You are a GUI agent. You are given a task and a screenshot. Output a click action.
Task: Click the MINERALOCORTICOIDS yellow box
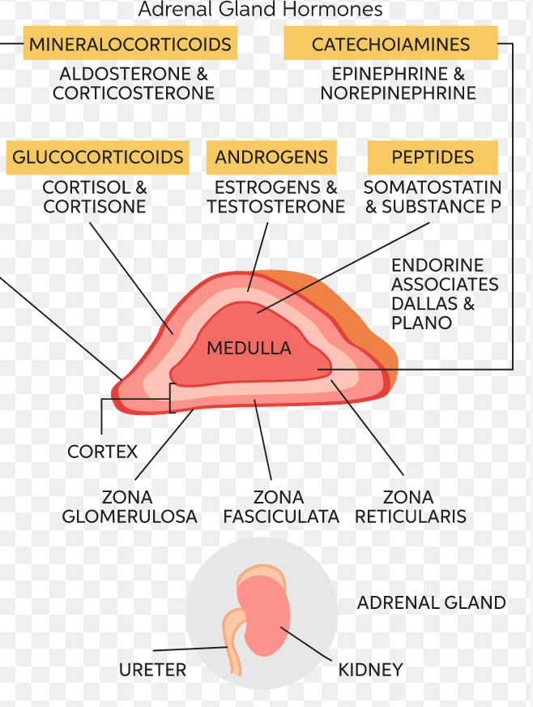(x=130, y=44)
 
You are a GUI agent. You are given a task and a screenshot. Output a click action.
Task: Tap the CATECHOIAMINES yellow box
(x=390, y=44)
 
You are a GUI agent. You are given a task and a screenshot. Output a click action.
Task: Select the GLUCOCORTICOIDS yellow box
(x=98, y=157)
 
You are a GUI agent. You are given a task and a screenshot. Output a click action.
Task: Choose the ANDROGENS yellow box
(x=271, y=157)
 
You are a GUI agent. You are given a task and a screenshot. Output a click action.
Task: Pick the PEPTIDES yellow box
(x=433, y=157)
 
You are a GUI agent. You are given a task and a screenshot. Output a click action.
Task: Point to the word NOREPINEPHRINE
(x=398, y=93)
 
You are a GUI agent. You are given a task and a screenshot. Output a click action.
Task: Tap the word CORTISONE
(x=95, y=207)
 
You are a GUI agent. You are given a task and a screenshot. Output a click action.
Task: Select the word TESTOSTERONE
(x=276, y=207)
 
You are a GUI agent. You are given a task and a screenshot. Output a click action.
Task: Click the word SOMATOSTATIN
(x=433, y=188)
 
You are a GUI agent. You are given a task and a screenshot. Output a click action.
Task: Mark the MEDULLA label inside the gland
(x=249, y=349)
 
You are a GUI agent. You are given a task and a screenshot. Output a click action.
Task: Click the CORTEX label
(x=103, y=452)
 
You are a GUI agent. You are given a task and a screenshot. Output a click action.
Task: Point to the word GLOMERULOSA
(x=130, y=516)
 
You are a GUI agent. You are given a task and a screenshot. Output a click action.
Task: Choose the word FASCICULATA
(x=281, y=516)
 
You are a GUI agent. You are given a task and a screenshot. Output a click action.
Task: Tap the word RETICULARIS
(x=411, y=516)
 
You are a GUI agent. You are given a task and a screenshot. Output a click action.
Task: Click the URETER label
(x=152, y=670)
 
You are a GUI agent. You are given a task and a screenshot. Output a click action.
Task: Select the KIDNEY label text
(x=370, y=670)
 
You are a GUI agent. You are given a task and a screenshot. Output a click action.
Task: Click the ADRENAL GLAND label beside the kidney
(x=431, y=603)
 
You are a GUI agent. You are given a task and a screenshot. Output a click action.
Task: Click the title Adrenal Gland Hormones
(x=260, y=11)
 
